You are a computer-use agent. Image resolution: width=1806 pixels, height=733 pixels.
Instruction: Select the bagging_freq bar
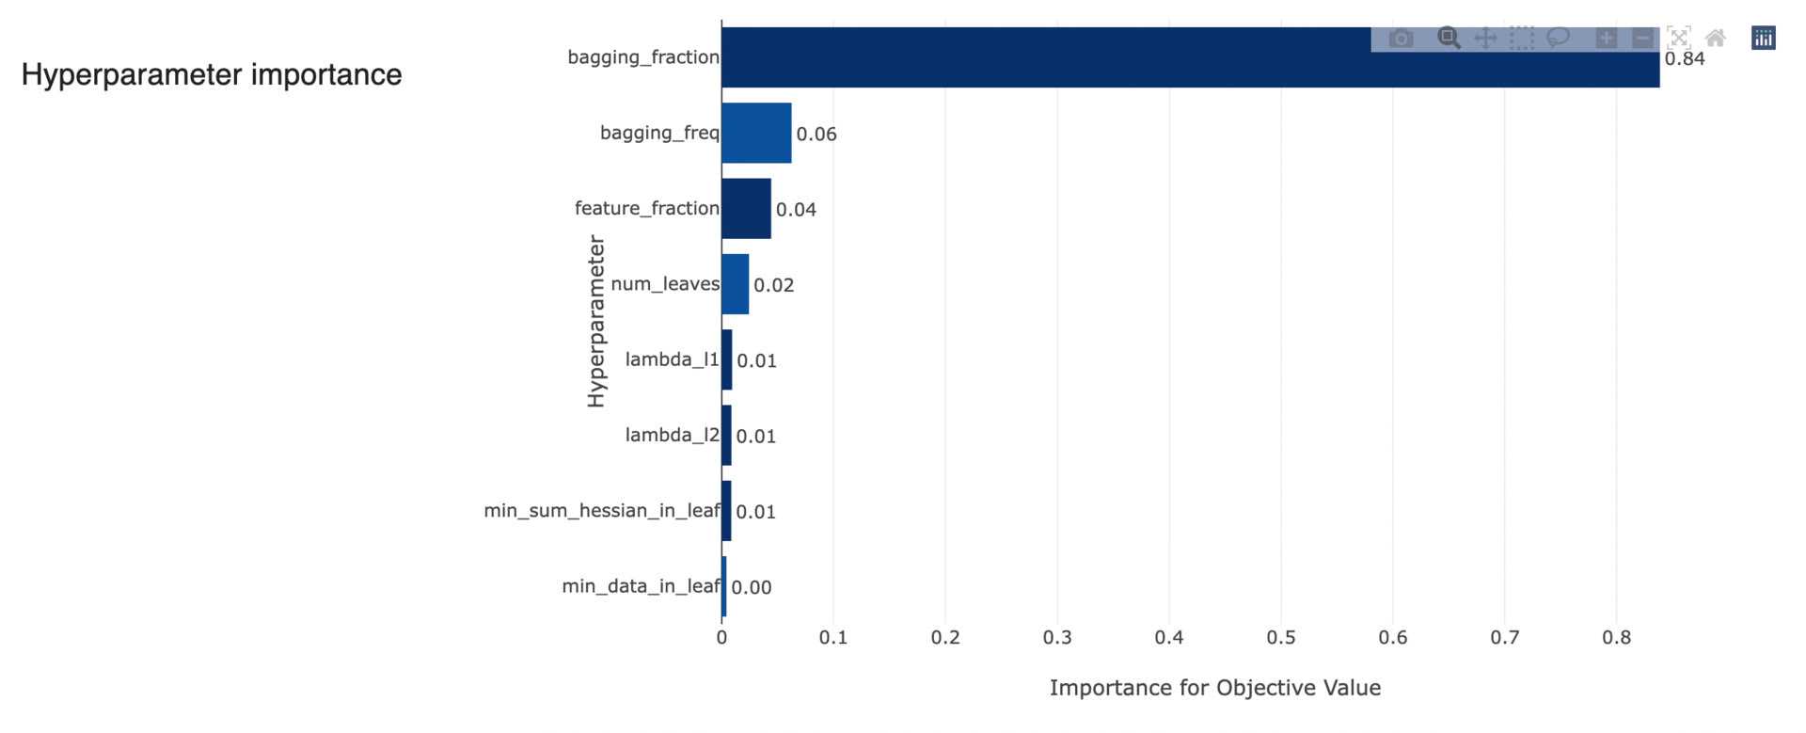(756, 133)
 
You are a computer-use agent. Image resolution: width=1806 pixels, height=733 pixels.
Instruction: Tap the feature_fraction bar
(746, 208)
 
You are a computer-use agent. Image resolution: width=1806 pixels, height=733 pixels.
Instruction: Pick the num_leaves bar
(735, 283)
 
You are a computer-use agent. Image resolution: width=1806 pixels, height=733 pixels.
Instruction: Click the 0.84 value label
(1684, 59)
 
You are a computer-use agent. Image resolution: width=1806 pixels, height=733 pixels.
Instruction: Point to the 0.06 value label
(816, 135)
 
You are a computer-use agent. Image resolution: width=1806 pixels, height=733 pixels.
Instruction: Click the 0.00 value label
(751, 588)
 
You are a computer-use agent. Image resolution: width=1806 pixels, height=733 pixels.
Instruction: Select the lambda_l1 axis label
(672, 359)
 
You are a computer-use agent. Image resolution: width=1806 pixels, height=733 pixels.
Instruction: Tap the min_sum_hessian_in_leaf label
(601, 511)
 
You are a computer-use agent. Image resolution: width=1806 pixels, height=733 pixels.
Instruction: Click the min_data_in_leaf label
(641, 586)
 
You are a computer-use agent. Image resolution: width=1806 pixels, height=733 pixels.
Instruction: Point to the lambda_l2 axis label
(672, 435)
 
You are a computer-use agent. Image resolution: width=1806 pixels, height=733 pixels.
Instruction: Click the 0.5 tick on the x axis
(1280, 638)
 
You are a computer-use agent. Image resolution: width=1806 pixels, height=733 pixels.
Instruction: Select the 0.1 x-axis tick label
(832, 638)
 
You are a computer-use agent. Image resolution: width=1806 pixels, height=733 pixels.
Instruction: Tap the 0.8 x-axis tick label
(1616, 638)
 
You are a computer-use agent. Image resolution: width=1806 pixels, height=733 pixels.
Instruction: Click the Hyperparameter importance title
(212, 74)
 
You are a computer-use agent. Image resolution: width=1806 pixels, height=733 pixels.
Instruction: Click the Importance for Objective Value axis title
(1214, 688)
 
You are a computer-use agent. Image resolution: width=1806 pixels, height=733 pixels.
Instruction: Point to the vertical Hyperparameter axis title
(596, 321)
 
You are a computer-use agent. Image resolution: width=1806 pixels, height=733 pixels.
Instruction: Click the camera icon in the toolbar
(1401, 39)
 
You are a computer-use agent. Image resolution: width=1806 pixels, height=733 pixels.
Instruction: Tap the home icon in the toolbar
(1716, 39)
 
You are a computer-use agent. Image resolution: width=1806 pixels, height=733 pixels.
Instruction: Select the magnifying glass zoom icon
(1449, 39)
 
